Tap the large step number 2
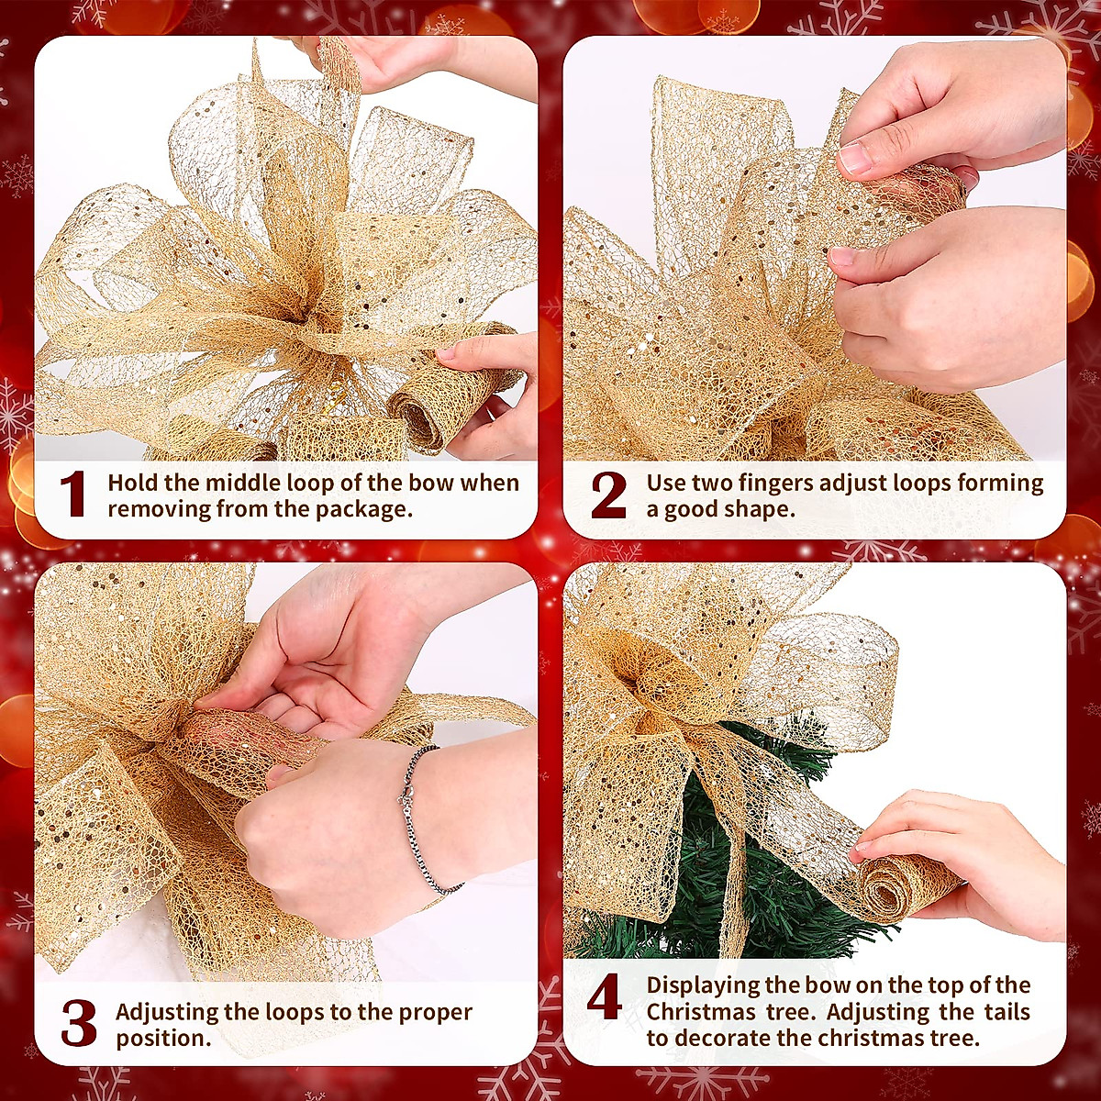(608, 495)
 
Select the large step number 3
(79, 1024)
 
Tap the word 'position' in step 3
(161, 1039)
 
